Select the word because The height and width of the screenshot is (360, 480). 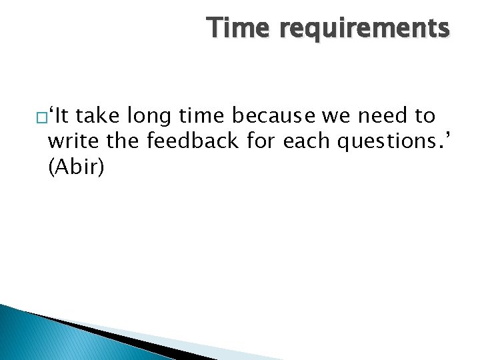tap(273, 117)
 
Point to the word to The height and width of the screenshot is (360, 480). tap(425, 117)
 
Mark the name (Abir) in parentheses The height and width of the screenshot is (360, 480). tap(76, 167)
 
